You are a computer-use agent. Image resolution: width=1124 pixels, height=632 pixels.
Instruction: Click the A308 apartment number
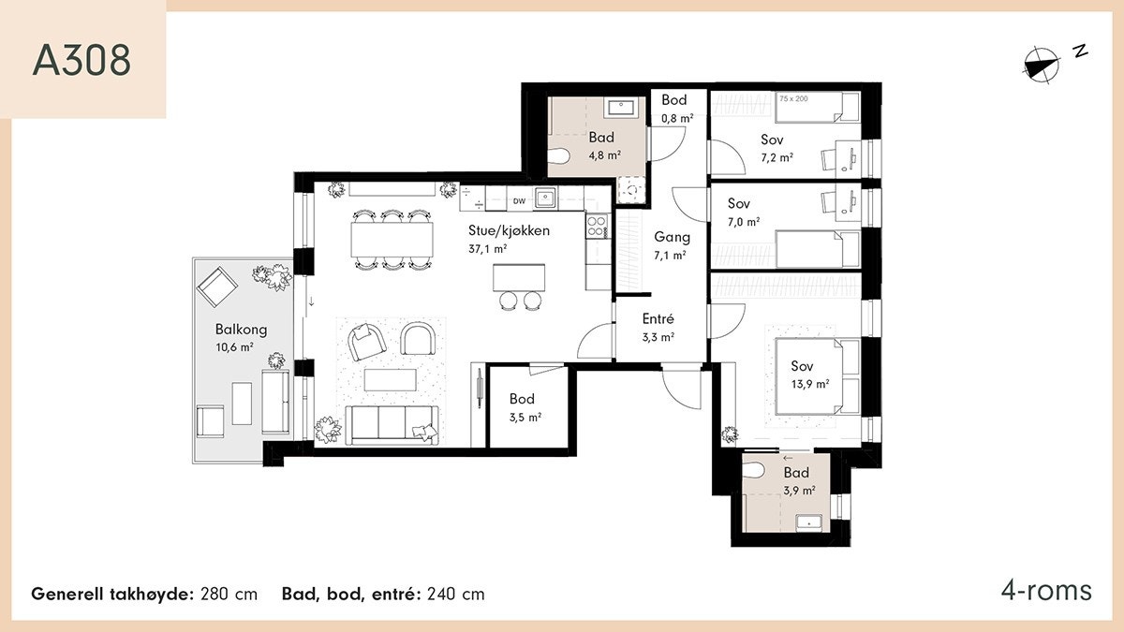pyautogui.click(x=81, y=60)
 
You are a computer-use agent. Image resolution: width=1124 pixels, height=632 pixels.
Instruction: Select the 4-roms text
pyautogui.click(x=1046, y=591)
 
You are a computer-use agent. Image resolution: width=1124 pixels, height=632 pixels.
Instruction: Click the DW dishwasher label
pyautogui.click(x=519, y=201)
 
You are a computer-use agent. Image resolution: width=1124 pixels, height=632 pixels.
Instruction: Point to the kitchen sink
pyautogui.click(x=545, y=198)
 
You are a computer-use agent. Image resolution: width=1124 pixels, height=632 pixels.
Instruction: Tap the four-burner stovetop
pyautogui.click(x=598, y=226)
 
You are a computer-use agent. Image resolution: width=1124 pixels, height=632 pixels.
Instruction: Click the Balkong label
pyautogui.click(x=241, y=330)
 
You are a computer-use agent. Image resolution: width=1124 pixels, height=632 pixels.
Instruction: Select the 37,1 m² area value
pyautogui.click(x=487, y=249)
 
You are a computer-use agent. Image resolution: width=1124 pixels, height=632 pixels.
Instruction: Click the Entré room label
pyautogui.click(x=658, y=318)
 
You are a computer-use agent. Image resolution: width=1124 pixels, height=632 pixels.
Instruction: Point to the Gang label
pyautogui.click(x=672, y=237)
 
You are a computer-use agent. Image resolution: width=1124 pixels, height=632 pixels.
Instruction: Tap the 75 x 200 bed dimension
pyautogui.click(x=794, y=99)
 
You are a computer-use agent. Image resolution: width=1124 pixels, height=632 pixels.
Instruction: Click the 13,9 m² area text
pyautogui.click(x=810, y=384)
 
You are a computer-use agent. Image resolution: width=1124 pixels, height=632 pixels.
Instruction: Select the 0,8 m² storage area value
pyautogui.click(x=677, y=118)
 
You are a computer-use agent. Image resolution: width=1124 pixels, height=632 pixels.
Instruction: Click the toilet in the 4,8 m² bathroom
pyautogui.click(x=557, y=156)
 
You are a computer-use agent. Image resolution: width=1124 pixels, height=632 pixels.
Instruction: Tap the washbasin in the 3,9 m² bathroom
pyautogui.click(x=808, y=522)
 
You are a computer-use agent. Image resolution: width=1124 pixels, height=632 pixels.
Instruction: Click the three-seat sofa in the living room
pyautogui.click(x=392, y=425)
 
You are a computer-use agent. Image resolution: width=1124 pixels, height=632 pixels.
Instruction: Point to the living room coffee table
pyautogui.click(x=391, y=380)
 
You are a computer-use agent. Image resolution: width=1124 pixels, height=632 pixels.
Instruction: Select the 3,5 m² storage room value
pyautogui.click(x=525, y=418)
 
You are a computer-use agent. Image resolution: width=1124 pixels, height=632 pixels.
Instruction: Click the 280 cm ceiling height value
pyautogui.click(x=229, y=594)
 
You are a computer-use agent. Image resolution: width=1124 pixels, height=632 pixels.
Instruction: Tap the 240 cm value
pyautogui.click(x=456, y=594)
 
